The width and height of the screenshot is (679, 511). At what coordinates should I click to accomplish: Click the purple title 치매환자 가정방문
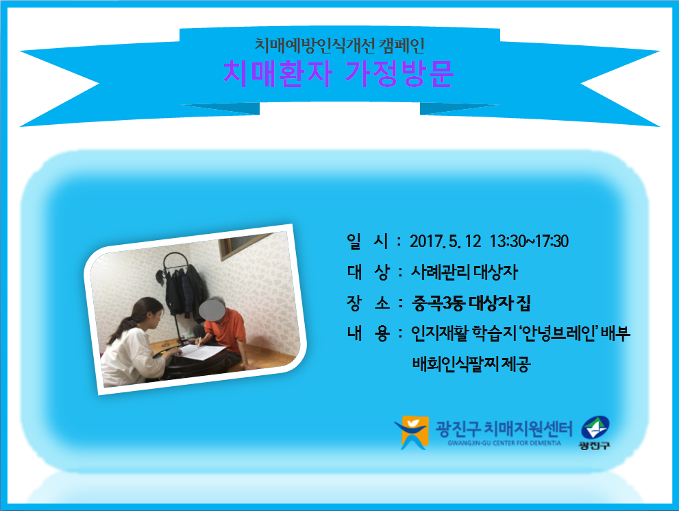[338, 73]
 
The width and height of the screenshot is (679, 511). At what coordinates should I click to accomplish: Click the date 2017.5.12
[445, 241]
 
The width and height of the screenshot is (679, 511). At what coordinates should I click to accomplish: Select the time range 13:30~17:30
[529, 241]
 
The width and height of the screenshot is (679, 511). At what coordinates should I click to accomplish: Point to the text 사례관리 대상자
[465, 272]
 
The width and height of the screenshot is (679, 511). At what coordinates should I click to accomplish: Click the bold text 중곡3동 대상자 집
[471, 303]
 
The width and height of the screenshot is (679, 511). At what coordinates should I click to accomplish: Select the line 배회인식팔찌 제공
[471, 364]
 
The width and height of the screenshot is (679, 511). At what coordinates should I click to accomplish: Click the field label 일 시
[367, 241]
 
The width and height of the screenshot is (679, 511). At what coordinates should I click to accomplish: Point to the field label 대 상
[367, 272]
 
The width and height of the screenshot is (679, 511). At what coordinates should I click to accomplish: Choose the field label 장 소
[367, 303]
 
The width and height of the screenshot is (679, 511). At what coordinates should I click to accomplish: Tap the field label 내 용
[367, 334]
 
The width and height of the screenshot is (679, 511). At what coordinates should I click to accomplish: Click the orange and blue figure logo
[412, 432]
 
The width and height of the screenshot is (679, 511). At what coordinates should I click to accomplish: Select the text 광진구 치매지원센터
[504, 428]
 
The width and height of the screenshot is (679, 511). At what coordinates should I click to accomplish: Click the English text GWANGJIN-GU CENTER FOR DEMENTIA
[504, 443]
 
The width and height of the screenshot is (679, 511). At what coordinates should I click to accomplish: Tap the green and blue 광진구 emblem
[595, 432]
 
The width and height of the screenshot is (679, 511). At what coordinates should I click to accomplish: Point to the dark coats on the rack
[185, 292]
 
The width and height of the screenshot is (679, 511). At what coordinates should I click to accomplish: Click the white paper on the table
[202, 351]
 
